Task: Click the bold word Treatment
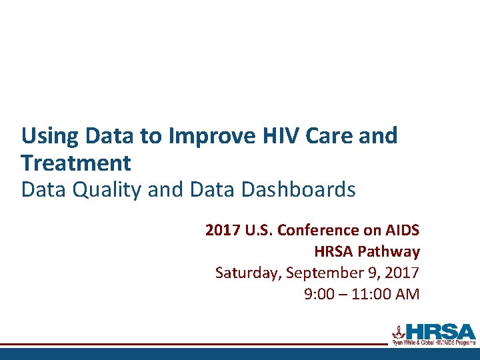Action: [76, 163]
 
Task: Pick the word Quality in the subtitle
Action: [106, 190]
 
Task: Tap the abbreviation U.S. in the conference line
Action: [257, 231]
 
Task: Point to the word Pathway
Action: [389, 251]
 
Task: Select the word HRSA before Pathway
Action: [334, 251]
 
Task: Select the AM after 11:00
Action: [407, 294]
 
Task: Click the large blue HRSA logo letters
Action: [440, 331]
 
